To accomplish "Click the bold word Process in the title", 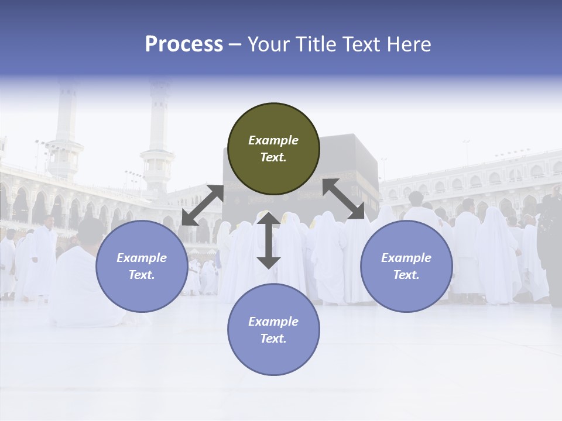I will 184,44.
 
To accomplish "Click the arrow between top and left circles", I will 203,205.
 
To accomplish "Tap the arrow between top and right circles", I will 344,199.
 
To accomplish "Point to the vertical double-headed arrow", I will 269,240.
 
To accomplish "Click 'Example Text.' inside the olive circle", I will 273,149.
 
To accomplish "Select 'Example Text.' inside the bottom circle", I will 273,330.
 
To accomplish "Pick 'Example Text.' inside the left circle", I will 142,266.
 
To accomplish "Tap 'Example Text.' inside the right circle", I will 406,266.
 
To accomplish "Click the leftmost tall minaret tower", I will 65,134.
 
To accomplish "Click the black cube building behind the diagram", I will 351,170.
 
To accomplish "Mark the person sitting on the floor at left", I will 85,281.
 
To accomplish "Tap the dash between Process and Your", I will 235,44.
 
